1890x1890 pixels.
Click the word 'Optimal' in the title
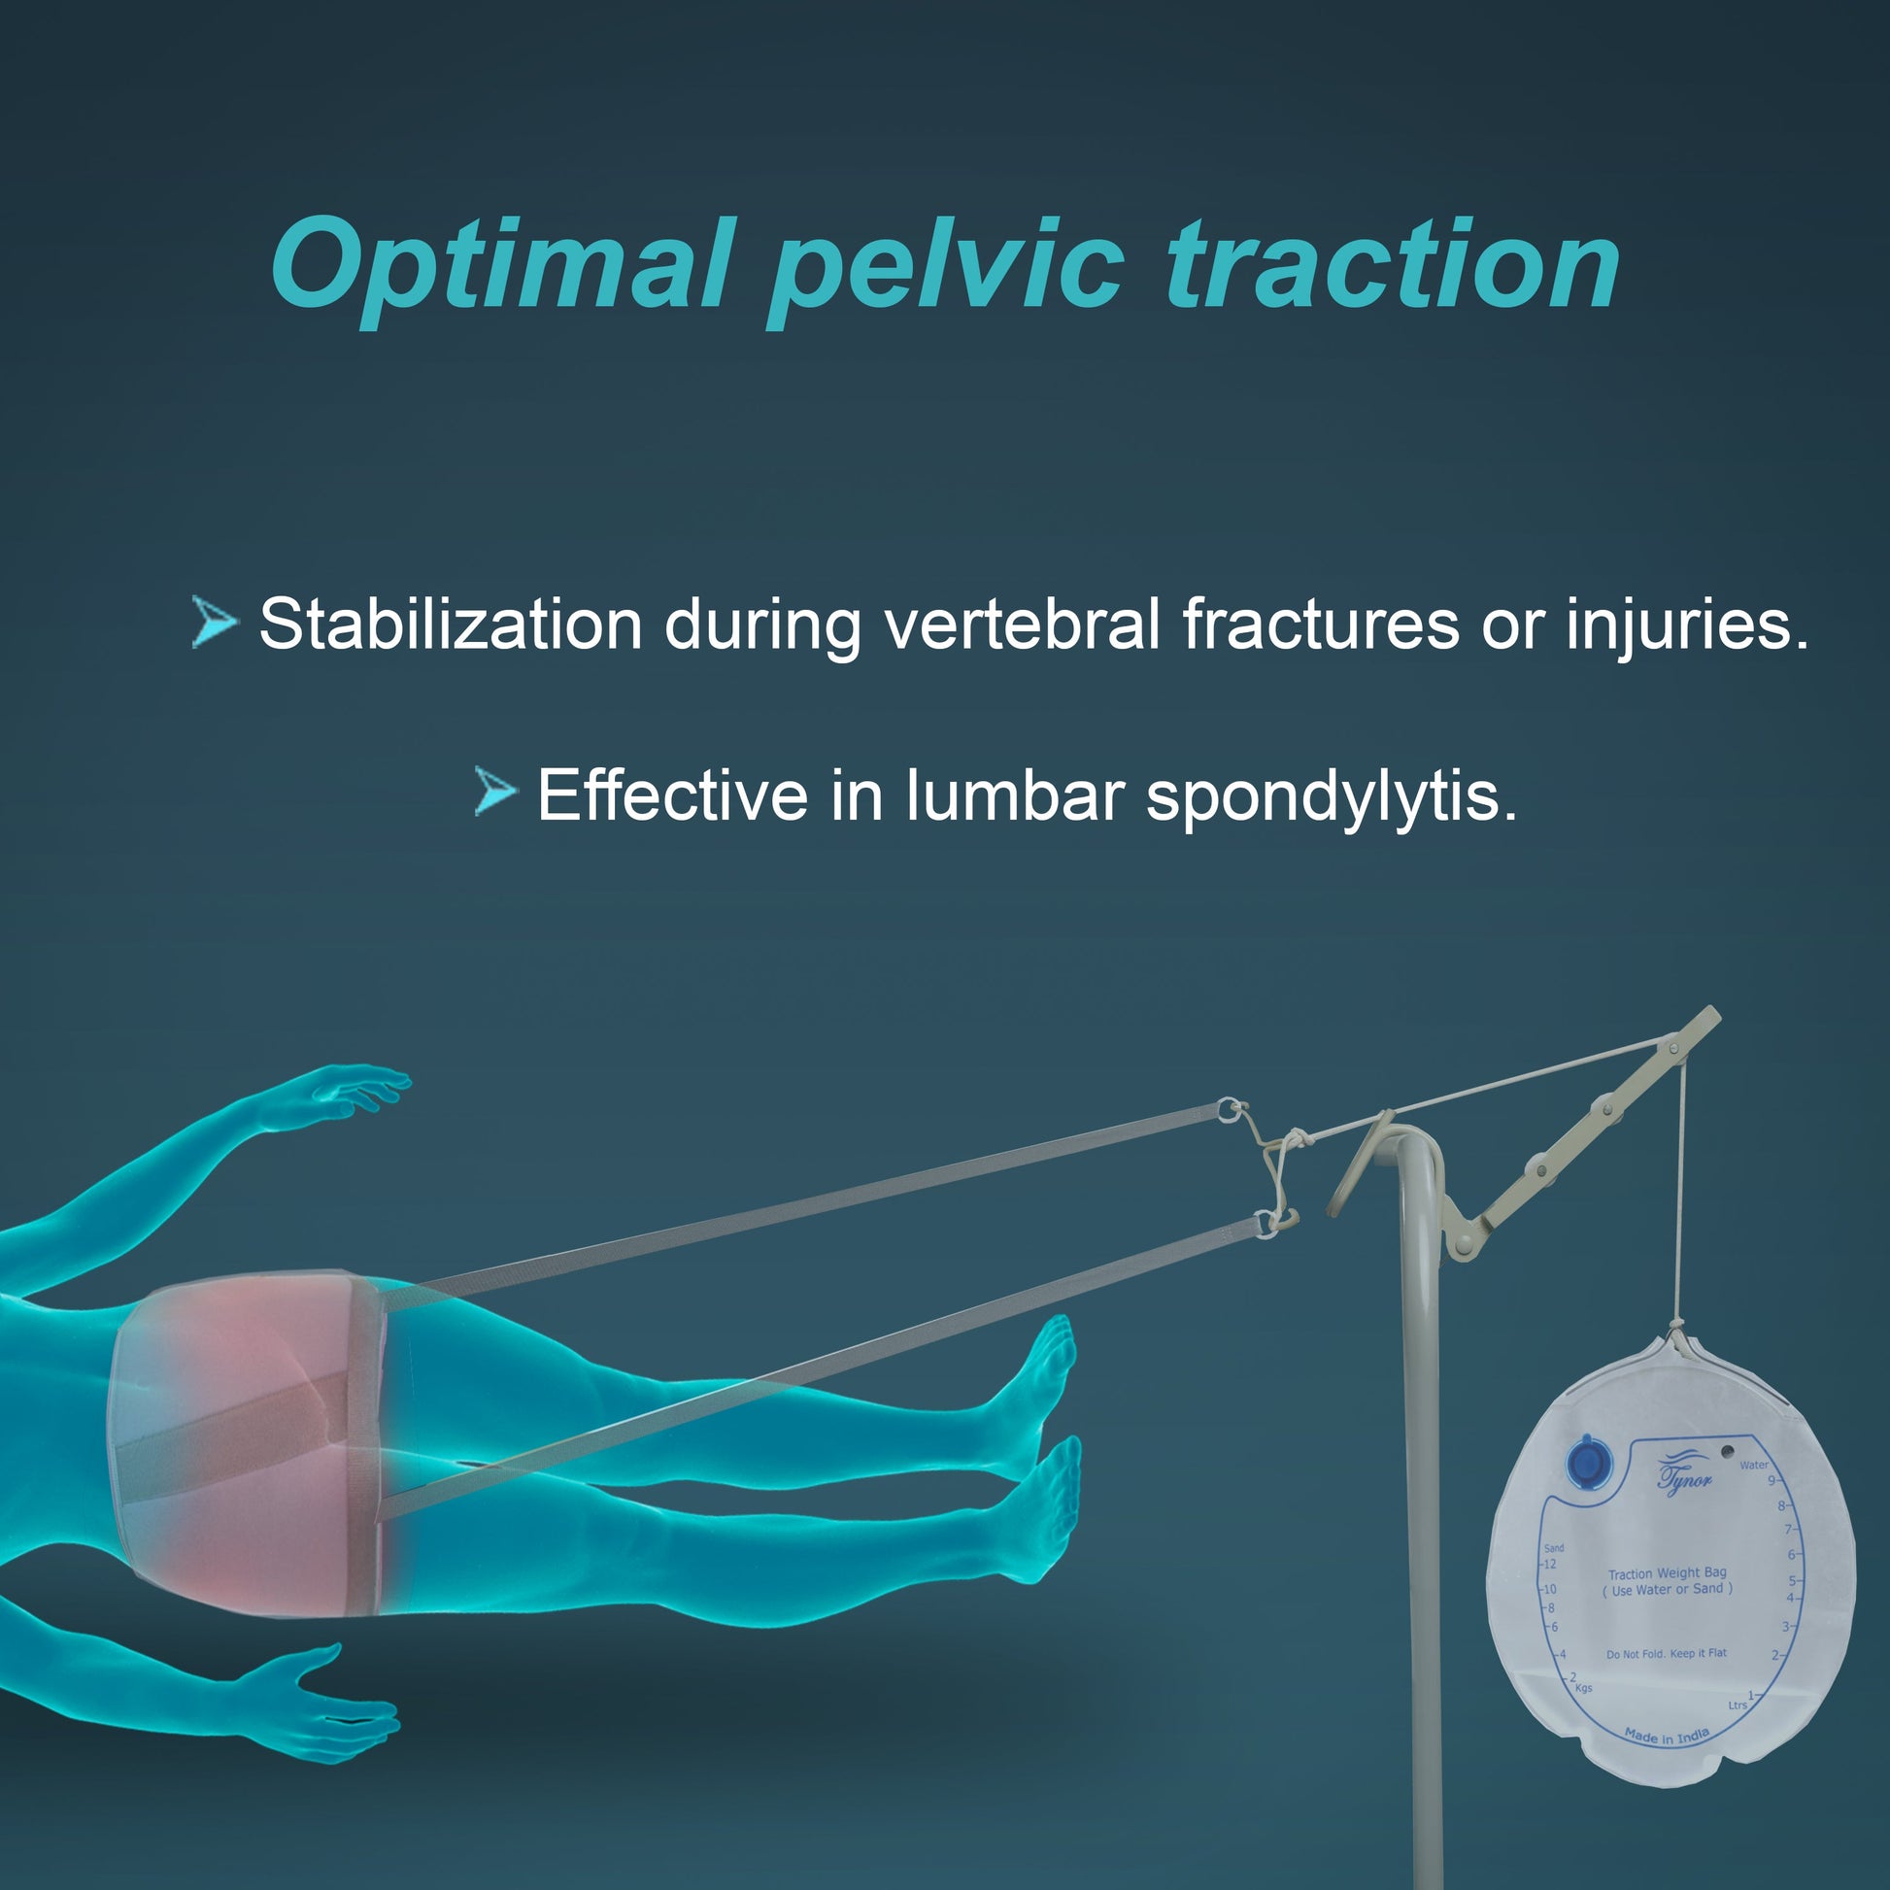500,266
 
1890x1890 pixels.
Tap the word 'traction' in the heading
1394,262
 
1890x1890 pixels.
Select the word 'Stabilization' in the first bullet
450,624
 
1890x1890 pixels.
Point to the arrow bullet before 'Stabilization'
215,622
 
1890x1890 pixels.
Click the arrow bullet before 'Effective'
495,792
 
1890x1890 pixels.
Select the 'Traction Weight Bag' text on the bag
1668,1573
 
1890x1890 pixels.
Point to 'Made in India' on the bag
1666,1737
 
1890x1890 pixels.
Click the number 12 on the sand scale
1549,1565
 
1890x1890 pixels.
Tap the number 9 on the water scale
1771,1480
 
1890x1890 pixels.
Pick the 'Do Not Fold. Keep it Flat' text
1667,1653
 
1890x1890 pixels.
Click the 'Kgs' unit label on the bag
1584,1689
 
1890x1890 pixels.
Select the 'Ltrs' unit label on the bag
1738,1705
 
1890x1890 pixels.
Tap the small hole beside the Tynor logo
1728,1452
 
